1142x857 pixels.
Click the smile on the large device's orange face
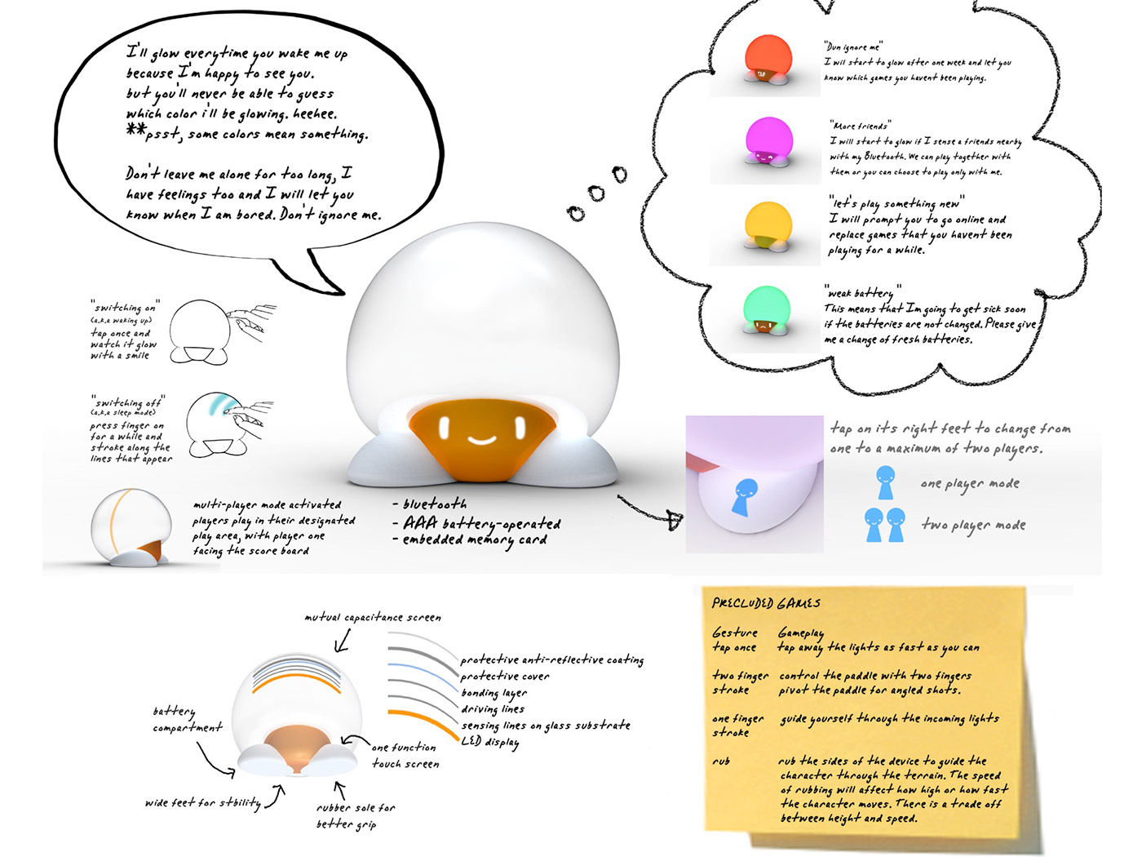pos(481,441)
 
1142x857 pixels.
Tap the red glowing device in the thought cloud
pos(768,60)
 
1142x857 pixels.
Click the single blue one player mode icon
pos(885,482)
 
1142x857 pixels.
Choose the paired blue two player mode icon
pos(884,524)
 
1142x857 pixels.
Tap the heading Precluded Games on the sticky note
pos(766,603)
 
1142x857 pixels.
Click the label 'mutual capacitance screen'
pos(373,618)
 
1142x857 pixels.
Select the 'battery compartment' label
pos(187,719)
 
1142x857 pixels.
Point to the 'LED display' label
pos(489,741)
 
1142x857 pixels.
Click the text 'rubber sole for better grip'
pos(355,815)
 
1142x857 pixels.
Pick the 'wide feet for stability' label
pos(203,803)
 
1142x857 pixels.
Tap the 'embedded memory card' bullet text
pos(474,540)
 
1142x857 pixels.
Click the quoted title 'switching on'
pos(125,308)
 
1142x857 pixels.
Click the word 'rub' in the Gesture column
pos(721,762)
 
